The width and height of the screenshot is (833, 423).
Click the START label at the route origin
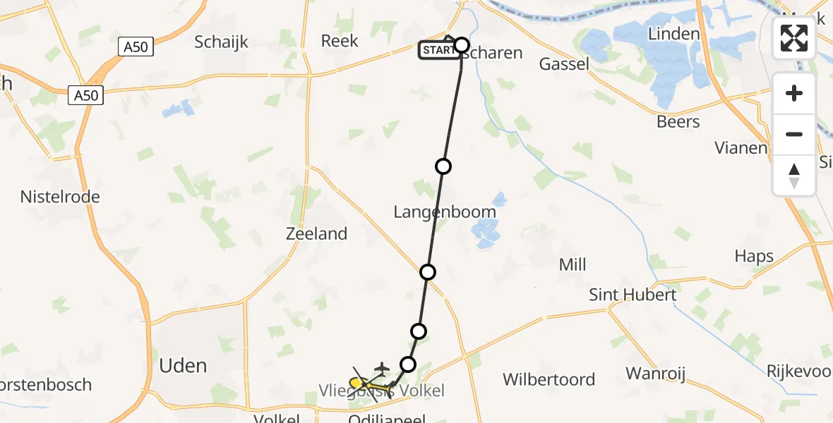(438, 50)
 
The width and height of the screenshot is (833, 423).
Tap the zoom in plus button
(794, 93)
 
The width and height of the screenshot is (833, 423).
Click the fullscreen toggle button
(794, 38)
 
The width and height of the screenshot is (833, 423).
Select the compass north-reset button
(794, 176)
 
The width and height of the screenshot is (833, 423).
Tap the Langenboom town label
(444, 211)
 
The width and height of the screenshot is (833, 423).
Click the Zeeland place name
(317, 233)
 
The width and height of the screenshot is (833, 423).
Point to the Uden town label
(184, 365)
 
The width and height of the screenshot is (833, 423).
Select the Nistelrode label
(60, 197)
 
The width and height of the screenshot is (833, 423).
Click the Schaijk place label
(222, 42)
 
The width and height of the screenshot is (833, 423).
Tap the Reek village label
(340, 41)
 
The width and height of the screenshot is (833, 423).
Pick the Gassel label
(564, 64)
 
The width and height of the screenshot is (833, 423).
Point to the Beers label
(678, 121)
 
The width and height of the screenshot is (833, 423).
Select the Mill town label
(573, 264)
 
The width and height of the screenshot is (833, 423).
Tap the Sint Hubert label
(633, 295)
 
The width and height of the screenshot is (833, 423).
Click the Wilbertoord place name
(549, 379)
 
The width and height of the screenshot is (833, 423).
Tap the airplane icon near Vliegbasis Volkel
(381, 367)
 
